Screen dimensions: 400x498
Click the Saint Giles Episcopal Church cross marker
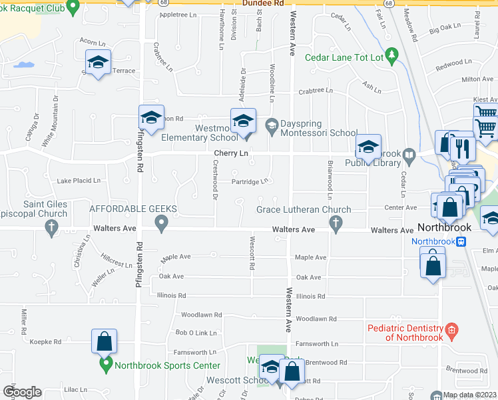click(51, 228)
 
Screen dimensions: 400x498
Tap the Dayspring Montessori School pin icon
click(271, 125)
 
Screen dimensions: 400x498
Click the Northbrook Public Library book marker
click(409, 157)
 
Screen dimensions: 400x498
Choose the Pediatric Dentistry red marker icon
click(451, 329)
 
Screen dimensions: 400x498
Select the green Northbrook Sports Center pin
click(105, 365)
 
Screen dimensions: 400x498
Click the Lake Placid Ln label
click(79, 181)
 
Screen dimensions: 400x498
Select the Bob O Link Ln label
click(196, 332)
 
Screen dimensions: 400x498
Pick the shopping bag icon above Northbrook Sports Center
click(105, 341)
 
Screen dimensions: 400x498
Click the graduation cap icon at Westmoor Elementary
click(243, 121)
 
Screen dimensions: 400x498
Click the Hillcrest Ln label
click(118, 259)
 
